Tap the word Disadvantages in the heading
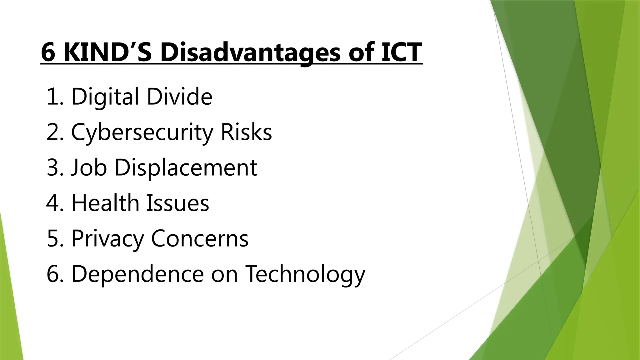pos(250,52)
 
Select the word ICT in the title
pos(401,52)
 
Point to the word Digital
pos(105,97)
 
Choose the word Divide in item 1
pos(180,97)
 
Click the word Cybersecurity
pos(142,132)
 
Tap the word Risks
pos(246,132)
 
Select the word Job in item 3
pos(89,167)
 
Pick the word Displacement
pos(186,167)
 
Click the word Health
pos(105,203)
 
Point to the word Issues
pos(178,203)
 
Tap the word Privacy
pos(107,238)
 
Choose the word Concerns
pos(200,238)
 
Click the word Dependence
pos(137,274)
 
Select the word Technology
pos(305,274)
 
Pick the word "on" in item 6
pos(224,274)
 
